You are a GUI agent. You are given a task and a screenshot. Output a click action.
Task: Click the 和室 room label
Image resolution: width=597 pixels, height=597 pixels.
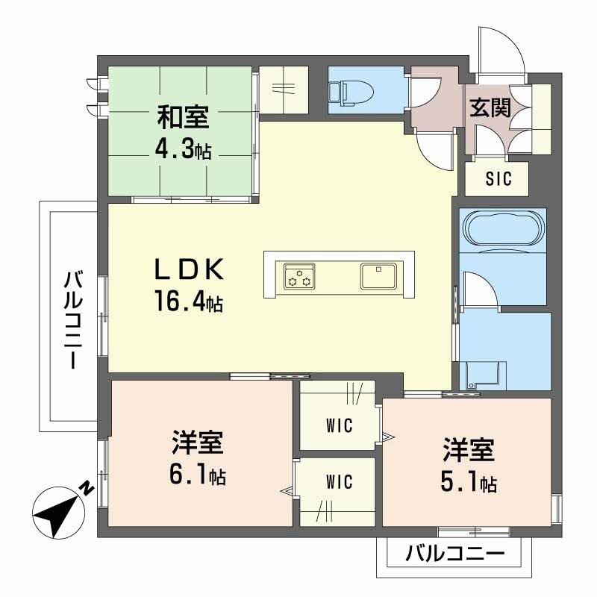click(182, 119)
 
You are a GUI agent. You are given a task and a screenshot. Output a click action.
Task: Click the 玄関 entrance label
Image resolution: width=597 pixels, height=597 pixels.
click(490, 109)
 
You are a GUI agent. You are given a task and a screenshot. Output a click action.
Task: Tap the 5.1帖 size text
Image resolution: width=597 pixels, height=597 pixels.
click(467, 483)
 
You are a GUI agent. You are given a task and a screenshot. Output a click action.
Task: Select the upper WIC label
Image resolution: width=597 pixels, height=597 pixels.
click(339, 426)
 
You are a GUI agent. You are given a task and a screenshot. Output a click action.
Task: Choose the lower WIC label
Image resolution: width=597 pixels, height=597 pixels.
click(339, 483)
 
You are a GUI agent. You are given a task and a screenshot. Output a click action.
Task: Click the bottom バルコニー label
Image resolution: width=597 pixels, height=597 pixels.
click(454, 554)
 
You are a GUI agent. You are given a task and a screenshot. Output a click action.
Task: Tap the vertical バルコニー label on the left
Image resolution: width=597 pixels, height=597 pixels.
click(72, 321)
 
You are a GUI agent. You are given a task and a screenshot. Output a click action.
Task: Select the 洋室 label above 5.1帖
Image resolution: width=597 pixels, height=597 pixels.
click(467, 451)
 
